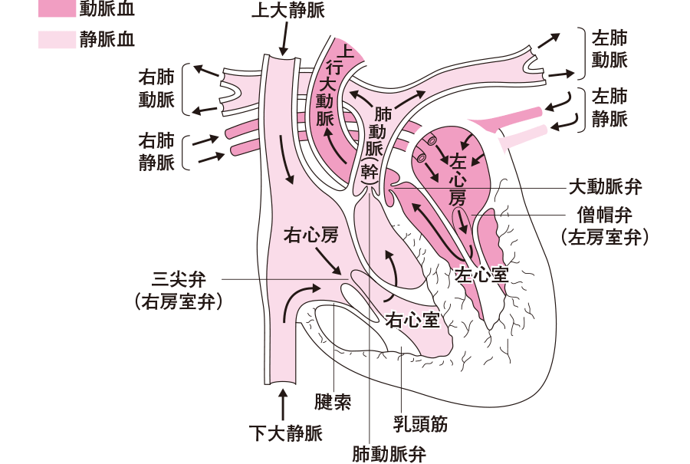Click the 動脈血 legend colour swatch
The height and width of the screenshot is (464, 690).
pos(57,9)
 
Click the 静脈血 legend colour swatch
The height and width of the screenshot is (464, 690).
pos(57,40)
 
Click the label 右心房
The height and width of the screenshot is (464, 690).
pos(310,235)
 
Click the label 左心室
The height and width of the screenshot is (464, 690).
pos(481,274)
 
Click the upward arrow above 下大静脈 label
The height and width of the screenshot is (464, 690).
pos(284,403)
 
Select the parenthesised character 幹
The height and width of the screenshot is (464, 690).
pos(370,172)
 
